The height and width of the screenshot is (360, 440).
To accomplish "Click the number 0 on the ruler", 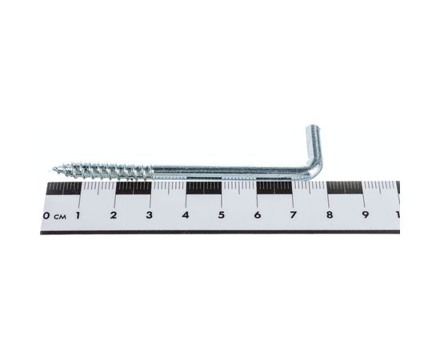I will [47, 215].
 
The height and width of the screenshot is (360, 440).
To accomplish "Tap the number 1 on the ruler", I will [78, 215].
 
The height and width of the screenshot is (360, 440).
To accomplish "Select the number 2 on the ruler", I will [114, 215].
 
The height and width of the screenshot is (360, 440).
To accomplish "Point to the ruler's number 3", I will [150, 215].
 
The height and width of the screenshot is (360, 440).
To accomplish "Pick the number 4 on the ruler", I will [186, 215].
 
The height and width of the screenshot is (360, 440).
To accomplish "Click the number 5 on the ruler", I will [221, 215].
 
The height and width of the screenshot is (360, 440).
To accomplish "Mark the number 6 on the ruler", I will [257, 215].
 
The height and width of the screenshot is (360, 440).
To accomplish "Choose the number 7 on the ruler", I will [293, 215].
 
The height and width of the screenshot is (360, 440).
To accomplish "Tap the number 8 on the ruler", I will [329, 215].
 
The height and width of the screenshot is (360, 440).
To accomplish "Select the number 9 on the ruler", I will [365, 215].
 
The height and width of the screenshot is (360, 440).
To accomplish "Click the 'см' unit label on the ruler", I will [60, 216].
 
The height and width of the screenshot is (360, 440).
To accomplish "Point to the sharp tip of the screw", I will [54, 169].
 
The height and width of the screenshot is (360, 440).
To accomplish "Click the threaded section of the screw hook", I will [104, 170].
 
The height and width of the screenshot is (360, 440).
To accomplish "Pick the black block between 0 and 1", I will [63, 188].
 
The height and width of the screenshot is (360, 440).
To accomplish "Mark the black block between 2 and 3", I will [133, 188].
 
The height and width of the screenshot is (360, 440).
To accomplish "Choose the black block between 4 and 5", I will [203, 188].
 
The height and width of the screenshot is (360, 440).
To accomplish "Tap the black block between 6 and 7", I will [274, 188].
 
